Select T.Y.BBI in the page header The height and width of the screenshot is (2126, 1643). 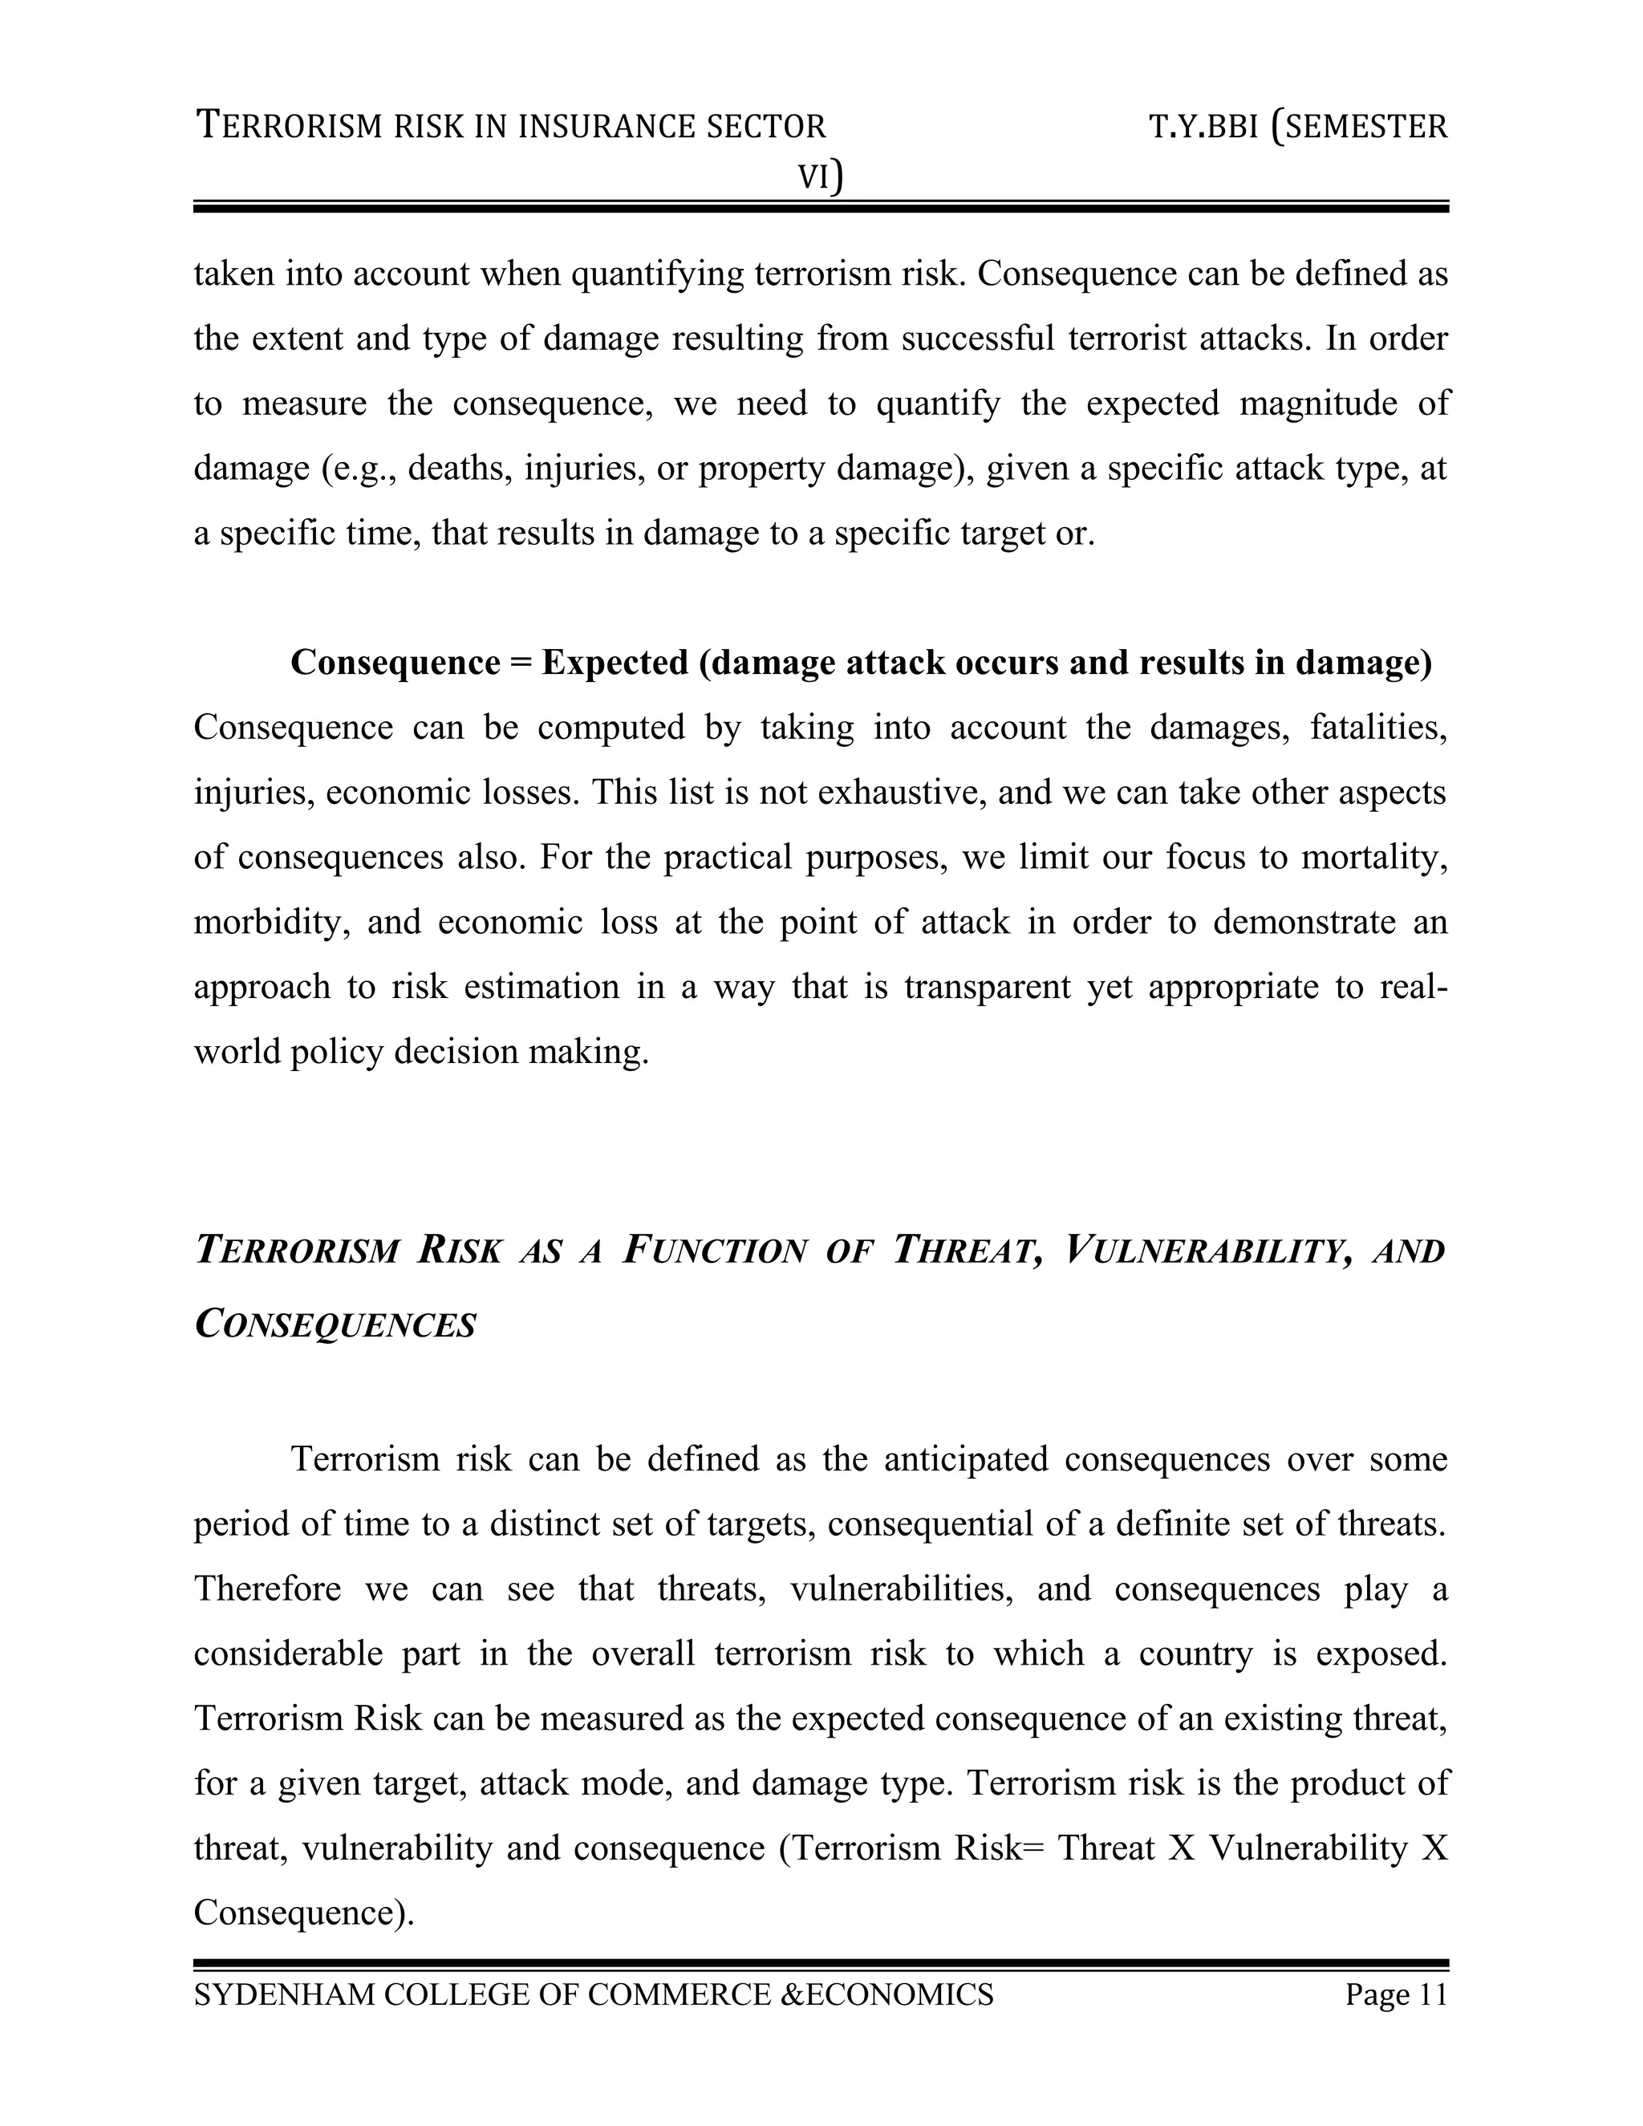coord(1203,128)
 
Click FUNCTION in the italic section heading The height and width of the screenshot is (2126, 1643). coord(713,1251)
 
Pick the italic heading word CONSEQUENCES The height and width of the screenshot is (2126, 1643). coord(336,1325)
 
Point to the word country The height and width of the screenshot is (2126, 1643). coord(1195,1654)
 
